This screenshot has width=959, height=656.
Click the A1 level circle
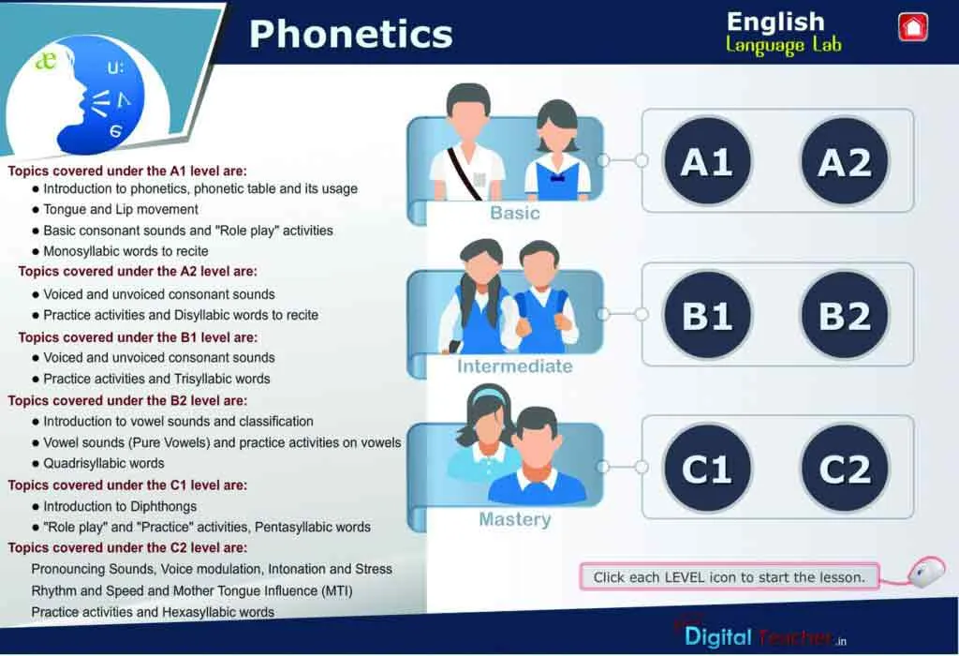(707, 161)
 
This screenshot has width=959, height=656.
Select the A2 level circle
(845, 161)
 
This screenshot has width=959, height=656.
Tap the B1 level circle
(707, 315)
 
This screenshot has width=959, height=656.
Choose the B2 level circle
(845, 315)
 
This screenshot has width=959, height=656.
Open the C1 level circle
(707, 469)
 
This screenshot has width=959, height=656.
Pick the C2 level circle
(845, 469)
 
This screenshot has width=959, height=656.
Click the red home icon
(912, 27)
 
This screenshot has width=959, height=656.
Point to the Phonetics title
(350, 35)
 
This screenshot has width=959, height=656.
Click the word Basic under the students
(515, 213)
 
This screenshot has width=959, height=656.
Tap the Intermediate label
(515, 365)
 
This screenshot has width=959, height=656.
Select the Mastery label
(515, 519)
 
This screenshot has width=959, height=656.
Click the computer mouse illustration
(925, 573)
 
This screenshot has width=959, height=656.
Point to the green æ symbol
(46, 61)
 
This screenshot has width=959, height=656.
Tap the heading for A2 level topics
(138, 271)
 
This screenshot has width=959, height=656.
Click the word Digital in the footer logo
(718, 637)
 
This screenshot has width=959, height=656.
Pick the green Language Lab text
(784, 45)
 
